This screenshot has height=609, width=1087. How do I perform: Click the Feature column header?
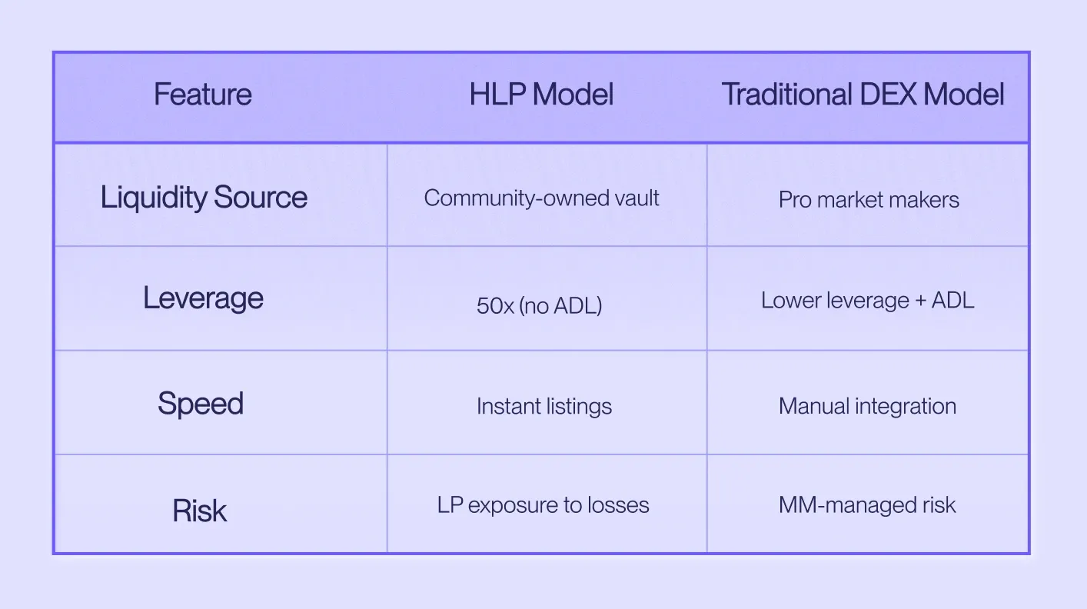[203, 94]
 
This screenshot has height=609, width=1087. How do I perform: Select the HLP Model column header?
[541, 94]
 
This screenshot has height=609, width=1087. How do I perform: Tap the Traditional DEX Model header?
[863, 94]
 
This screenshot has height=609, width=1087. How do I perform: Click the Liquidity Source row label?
[204, 198]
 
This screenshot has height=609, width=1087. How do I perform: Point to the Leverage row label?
[203, 298]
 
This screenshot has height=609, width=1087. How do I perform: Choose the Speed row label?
[201, 404]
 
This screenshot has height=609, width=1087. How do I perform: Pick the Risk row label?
[199, 511]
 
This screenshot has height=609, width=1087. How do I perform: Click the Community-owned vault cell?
[541, 198]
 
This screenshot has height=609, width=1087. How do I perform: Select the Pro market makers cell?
[869, 200]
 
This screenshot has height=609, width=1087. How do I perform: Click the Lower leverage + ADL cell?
[868, 301]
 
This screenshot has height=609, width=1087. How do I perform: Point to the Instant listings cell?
[544, 407]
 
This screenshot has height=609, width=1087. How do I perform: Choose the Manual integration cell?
[868, 407]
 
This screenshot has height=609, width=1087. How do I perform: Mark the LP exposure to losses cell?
[543, 505]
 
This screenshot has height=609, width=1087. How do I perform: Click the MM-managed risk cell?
[867, 505]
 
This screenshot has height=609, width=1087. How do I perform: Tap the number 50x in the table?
[495, 306]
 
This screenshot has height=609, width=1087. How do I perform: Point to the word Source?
[261, 197]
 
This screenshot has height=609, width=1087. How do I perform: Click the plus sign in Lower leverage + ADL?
[920, 301]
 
